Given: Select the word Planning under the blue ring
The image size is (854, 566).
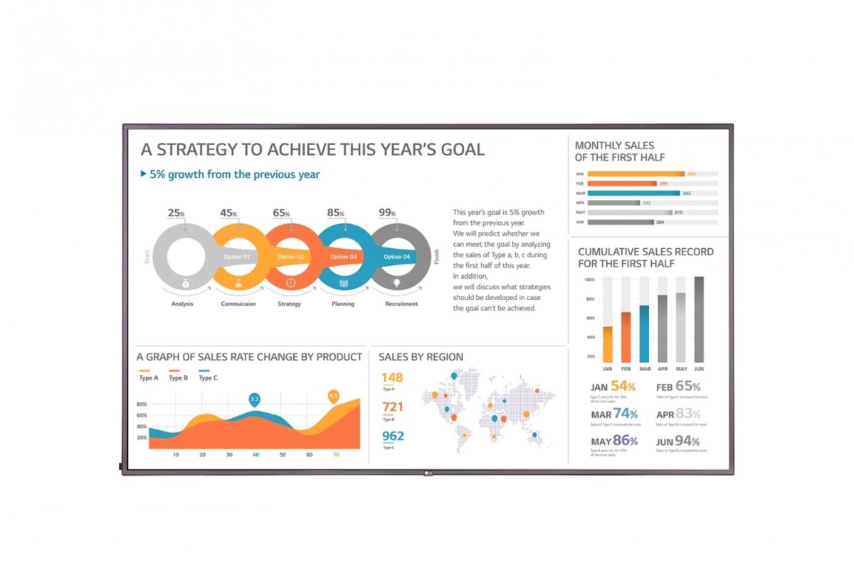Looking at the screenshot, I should click(343, 304).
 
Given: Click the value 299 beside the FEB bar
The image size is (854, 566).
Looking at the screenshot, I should click(663, 183).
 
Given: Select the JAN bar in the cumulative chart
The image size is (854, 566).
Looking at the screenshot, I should click(608, 344).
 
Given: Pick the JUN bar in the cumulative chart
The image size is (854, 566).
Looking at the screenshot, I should click(699, 319).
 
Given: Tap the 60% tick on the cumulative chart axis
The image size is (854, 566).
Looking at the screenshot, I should click(591, 318).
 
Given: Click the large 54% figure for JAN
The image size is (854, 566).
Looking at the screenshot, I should click(623, 387).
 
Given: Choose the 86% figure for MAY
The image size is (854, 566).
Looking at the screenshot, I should click(625, 440).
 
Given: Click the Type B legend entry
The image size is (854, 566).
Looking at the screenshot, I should click(178, 378).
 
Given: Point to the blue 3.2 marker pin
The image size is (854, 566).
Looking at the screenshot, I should click(255, 399).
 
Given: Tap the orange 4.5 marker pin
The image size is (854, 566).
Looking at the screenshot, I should click(333, 395).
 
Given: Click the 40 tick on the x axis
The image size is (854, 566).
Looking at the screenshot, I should click(255, 454).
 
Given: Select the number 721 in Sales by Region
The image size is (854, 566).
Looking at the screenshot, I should click(393, 407).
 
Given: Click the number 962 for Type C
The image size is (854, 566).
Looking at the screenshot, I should click(393, 436).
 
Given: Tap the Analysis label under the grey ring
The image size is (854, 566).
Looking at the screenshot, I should click(183, 304).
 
